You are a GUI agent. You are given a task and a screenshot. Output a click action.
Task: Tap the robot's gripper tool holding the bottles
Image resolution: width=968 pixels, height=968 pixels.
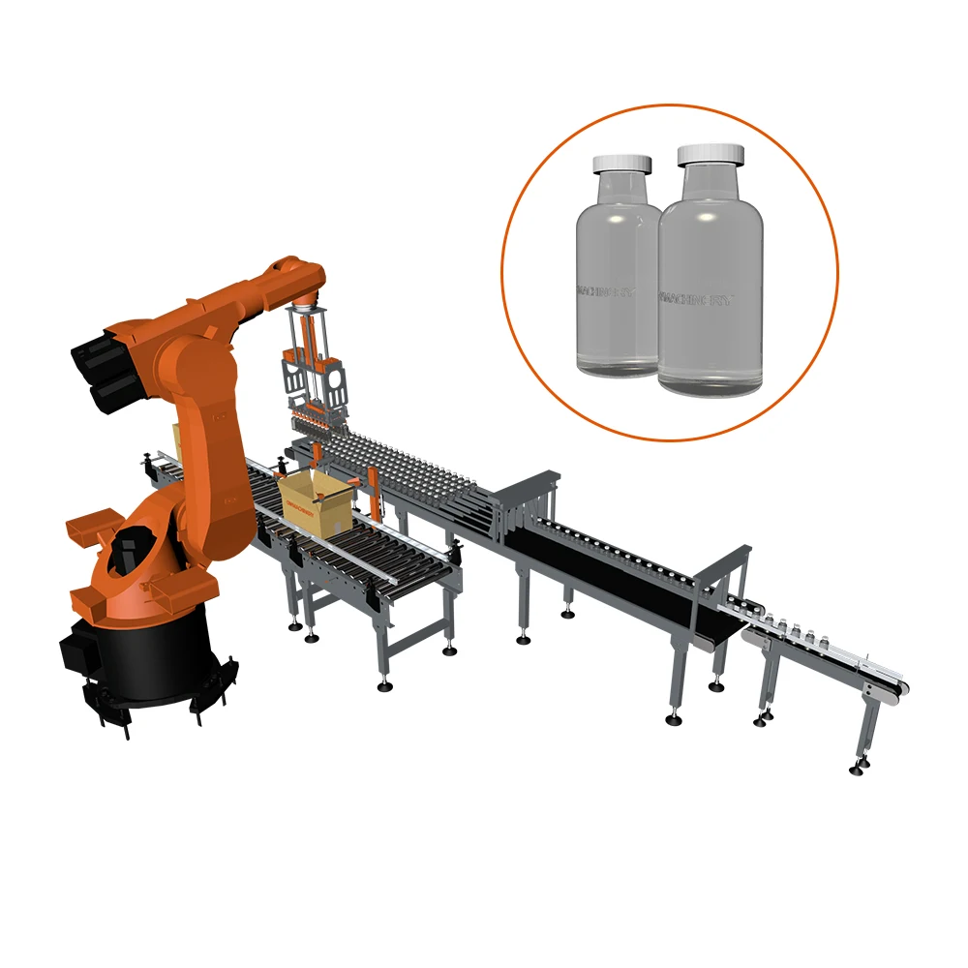(316, 387)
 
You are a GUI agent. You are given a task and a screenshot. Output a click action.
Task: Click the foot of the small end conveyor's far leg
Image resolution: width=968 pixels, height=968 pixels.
(858, 769)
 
